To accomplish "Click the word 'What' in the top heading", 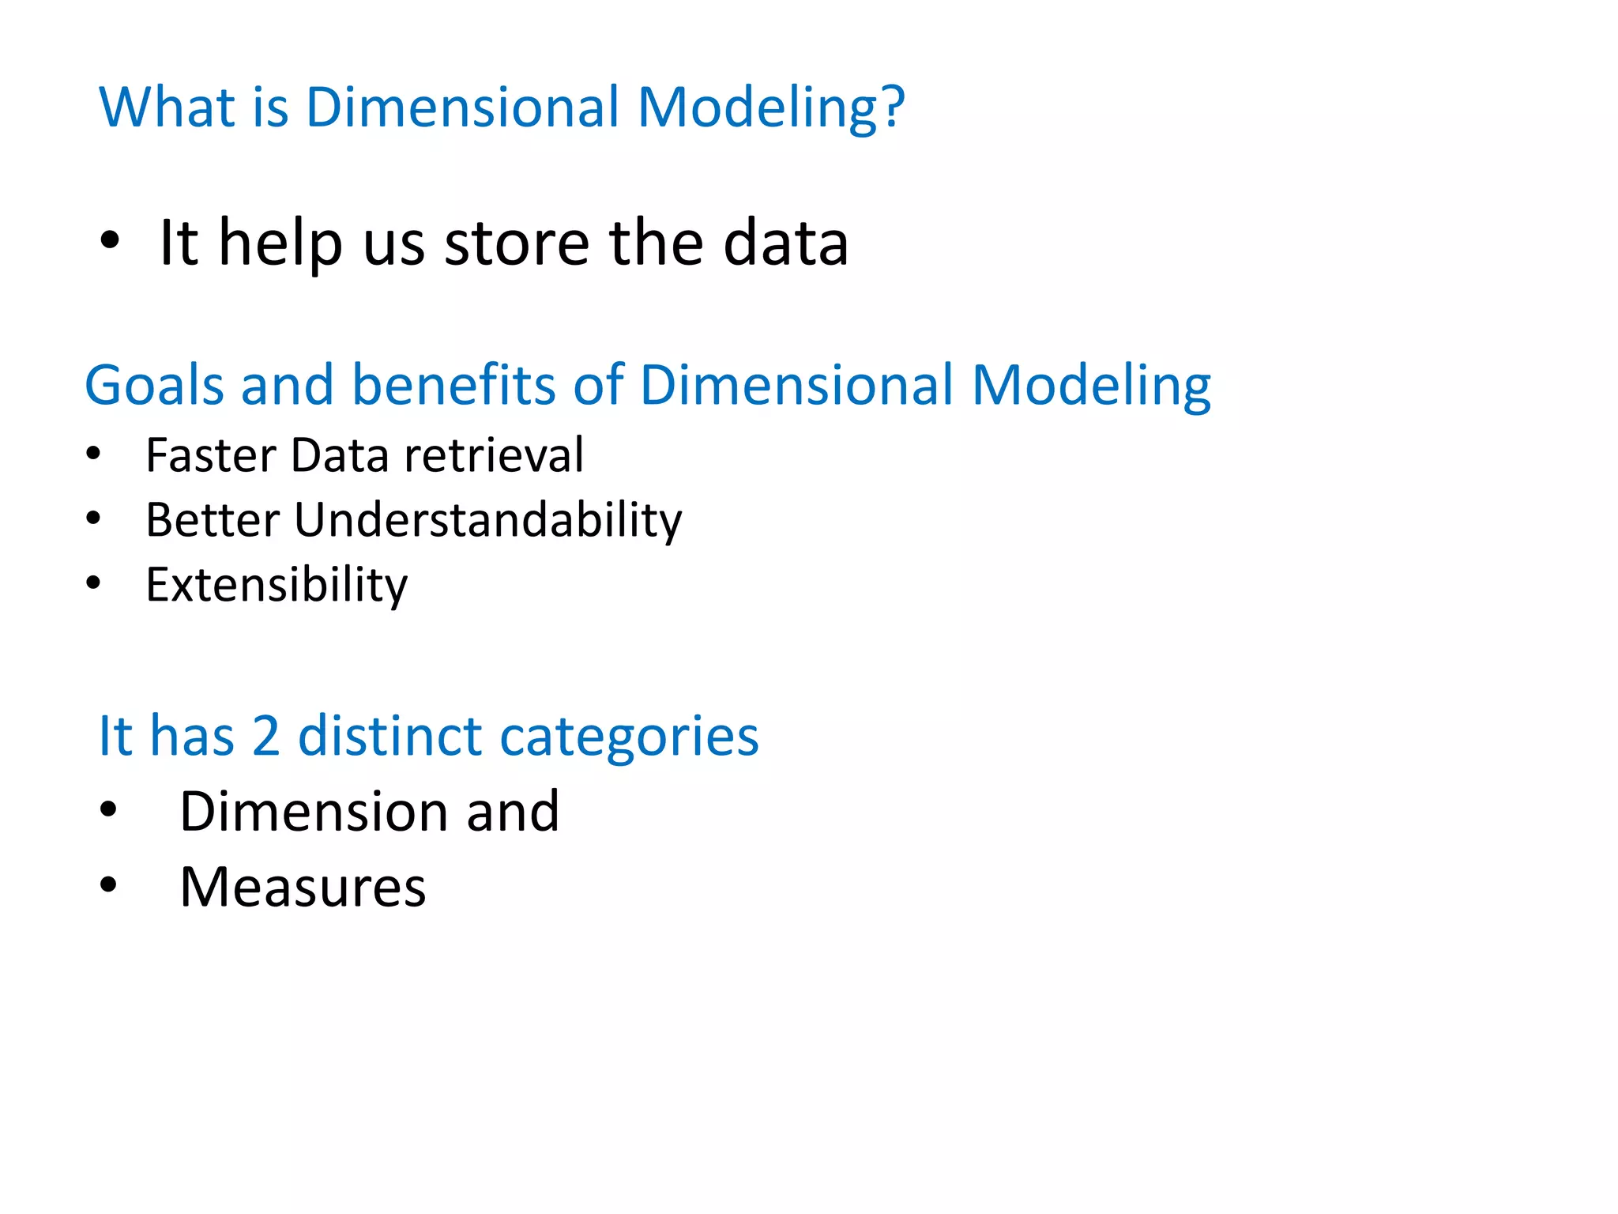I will click(x=167, y=107).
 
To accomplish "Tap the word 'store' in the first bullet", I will click(x=517, y=243).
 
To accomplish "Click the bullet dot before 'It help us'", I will click(x=110, y=240).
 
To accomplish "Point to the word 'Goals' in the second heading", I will click(x=154, y=386).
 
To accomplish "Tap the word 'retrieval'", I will click(x=494, y=455).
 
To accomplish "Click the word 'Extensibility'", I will click(x=277, y=586).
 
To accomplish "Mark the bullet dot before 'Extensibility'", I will click(x=94, y=583).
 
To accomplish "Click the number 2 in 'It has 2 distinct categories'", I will click(x=266, y=737).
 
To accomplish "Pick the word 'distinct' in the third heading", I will click(x=389, y=737).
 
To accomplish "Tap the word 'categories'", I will click(x=629, y=737).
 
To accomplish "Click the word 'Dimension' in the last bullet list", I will click(x=315, y=812).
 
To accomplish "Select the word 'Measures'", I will click(x=303, y=888).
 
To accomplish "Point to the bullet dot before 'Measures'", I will click(x=108, y=885).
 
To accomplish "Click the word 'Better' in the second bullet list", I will click(x=213, y=521).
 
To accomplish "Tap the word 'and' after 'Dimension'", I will click(x=513, y=812).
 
